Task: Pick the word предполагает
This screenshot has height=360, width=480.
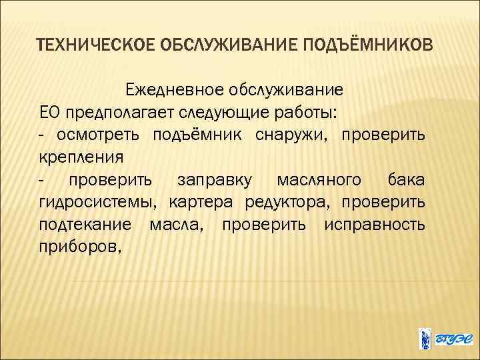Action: point(115,111)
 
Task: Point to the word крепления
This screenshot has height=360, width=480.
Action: point(81,157)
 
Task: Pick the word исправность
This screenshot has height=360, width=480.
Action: point(374,225)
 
